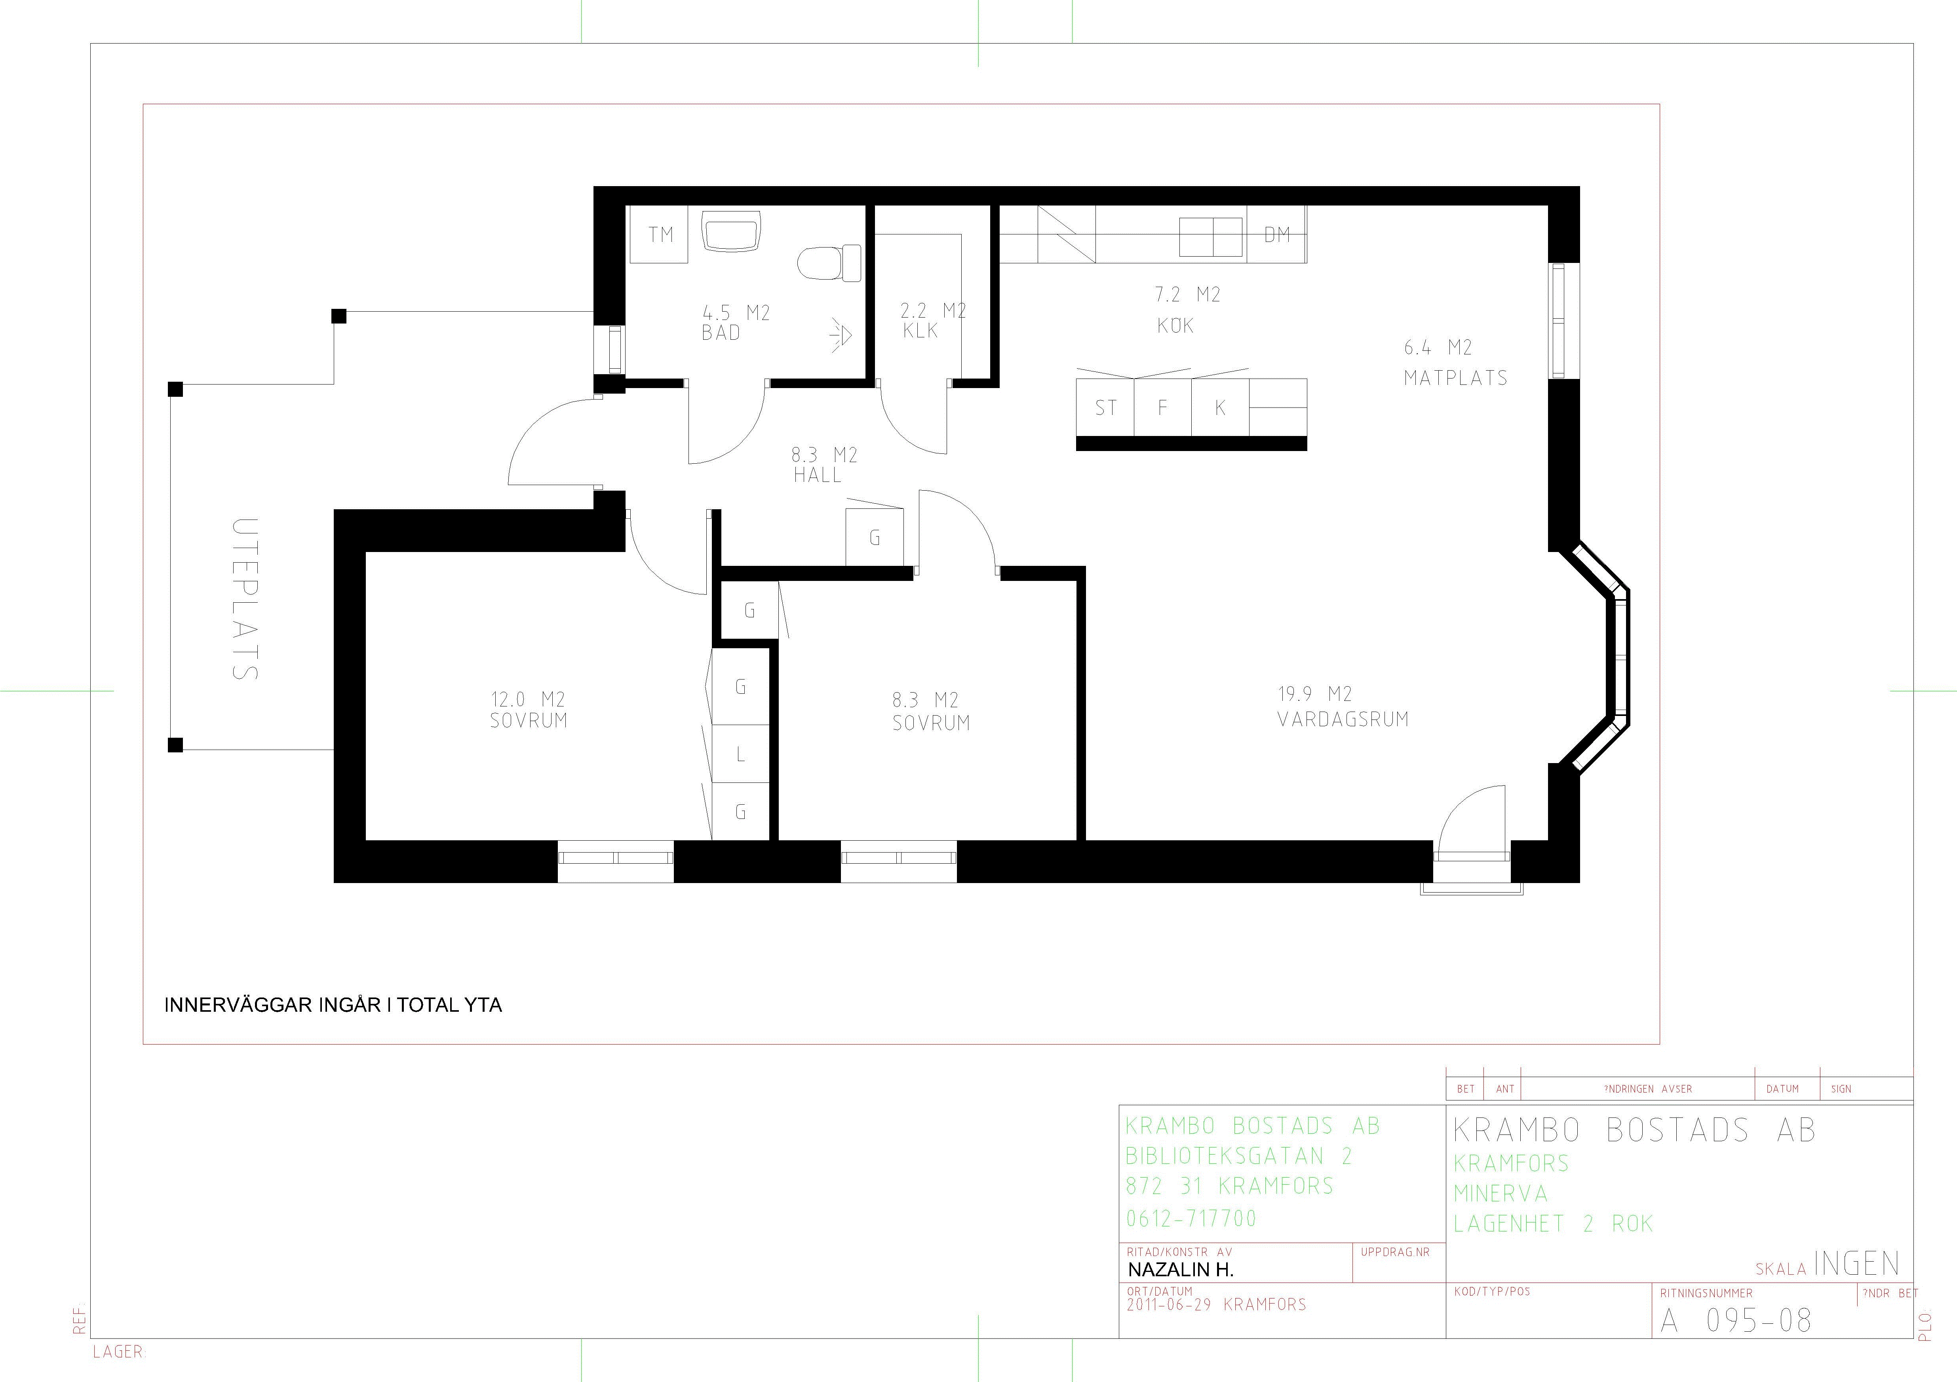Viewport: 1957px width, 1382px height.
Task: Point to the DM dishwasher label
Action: (1277, 234)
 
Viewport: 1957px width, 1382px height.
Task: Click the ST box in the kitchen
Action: (1105, 407)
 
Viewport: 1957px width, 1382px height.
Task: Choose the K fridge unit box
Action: (1220, 407)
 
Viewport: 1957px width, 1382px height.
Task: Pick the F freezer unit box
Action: (1163, 407)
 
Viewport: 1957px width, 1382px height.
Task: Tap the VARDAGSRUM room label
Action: (1343, 720)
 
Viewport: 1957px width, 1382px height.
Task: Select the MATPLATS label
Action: (1456, 378)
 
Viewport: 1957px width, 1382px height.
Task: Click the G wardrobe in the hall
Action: (875, 536)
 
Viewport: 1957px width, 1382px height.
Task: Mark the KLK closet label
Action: (920, 331)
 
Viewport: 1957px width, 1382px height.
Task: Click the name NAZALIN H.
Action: (1181, 1270)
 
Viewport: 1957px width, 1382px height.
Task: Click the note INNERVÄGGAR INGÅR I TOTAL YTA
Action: (333, 1005)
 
